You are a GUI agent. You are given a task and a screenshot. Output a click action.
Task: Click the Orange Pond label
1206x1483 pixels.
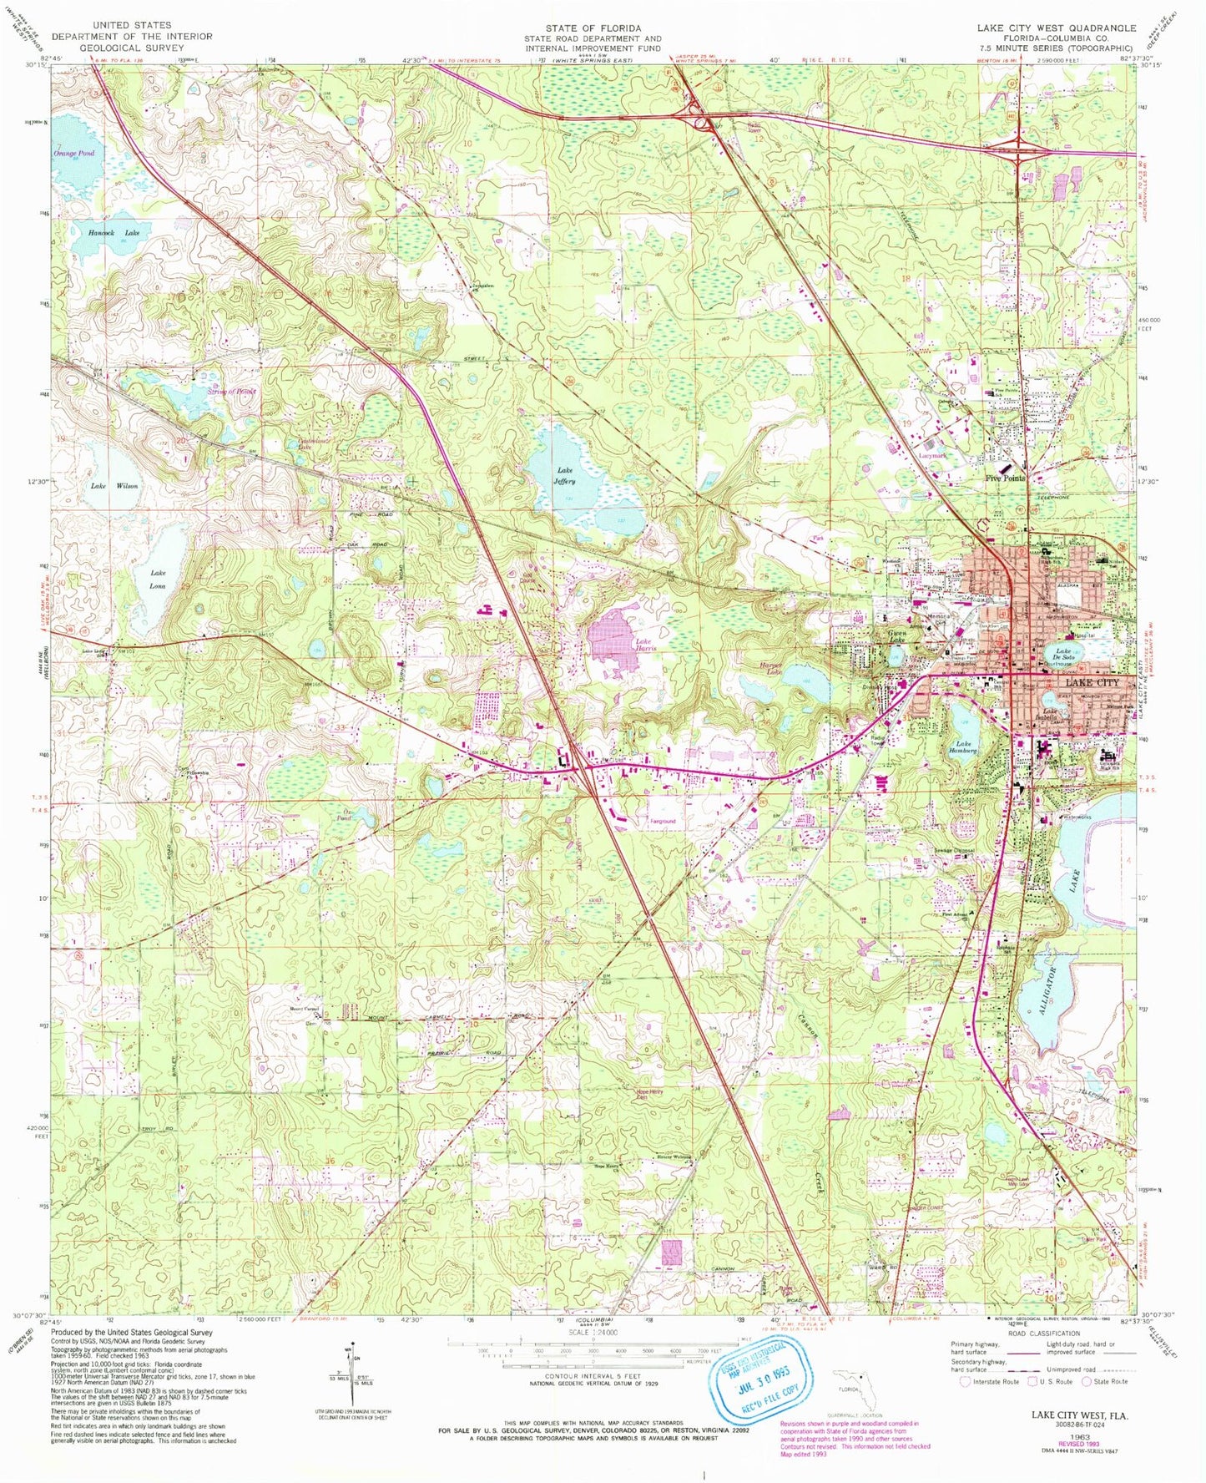click(x=74, y=154)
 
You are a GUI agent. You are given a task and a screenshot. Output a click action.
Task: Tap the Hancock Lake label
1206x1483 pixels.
click(x=114, y=235)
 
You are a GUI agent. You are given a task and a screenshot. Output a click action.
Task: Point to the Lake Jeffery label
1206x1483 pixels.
click(x=567, y=475)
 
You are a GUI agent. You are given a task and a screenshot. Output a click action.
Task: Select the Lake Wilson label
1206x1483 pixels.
click(x=114, y=486)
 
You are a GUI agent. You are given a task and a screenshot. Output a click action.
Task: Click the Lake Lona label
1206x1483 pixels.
click(x=158, y=580)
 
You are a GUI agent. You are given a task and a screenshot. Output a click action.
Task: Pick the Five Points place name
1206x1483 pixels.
click(x=1005, y=478)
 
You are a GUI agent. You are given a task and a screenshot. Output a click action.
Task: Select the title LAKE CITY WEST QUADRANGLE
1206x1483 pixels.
click(x=1056, y=28)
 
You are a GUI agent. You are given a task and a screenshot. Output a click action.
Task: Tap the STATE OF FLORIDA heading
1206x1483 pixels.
click(x=593, y=28)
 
